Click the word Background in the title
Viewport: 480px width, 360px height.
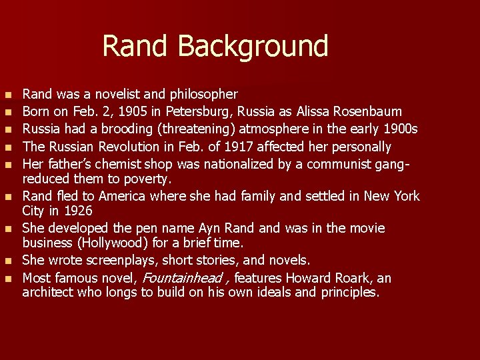(x=253, y=47)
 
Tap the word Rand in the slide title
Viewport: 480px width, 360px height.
(x=137, y=47)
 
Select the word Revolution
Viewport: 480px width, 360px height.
(x=122, y=146)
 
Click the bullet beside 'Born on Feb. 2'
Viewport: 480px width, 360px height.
(x=7, y=111)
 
